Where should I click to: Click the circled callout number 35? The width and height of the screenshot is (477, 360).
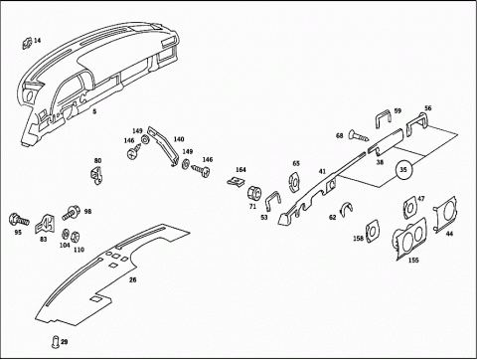[402, 170]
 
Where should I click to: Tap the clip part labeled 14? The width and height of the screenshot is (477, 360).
[27, 43]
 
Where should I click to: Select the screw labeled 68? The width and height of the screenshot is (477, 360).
[359, 135]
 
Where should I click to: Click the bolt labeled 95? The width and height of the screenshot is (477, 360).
[19, 220]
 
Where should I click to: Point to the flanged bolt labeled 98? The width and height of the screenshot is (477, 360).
[70, 213]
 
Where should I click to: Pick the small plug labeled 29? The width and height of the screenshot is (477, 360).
[56, 342]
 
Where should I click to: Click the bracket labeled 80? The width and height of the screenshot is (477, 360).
[96, 175]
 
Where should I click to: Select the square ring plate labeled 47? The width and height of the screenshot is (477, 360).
[410, 207]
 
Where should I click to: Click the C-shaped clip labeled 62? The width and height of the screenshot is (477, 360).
[347, 208]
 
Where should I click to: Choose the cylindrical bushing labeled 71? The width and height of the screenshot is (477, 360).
[254, 193]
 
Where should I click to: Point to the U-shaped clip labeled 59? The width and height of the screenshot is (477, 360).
[384, 117]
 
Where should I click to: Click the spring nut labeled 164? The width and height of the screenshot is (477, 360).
[237, 181]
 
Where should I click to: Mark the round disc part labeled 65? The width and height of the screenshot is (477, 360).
[294, 182]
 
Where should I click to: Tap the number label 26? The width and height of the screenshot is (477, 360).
[133, 279]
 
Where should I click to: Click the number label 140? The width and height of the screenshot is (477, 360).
[179, 139]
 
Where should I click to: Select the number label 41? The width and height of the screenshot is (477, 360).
[322, 171]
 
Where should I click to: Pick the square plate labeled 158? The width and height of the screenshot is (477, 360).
[372, 231]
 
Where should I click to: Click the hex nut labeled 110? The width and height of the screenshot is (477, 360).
[76, 237]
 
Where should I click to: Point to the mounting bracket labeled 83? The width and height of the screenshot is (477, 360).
[45, 224]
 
